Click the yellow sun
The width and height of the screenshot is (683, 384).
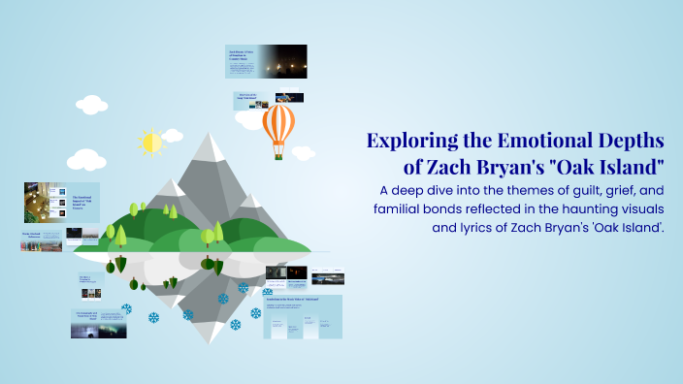pos(151,143)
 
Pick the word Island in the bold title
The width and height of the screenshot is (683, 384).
pos(618,166)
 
